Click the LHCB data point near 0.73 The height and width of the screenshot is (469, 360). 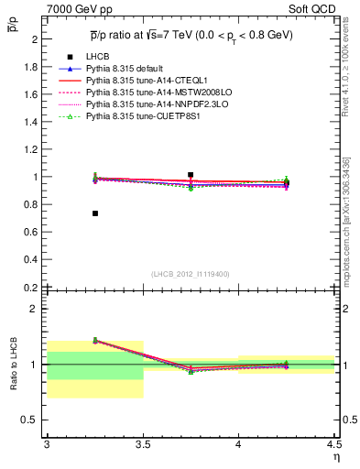94,213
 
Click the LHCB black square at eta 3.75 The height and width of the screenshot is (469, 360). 191,174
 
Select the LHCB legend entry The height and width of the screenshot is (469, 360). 99,82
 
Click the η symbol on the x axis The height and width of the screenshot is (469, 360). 336,455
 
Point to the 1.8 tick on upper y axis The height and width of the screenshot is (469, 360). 33,67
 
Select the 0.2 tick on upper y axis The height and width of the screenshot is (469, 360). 33,287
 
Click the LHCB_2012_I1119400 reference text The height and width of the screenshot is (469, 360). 190,273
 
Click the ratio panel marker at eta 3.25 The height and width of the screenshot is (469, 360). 94,340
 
